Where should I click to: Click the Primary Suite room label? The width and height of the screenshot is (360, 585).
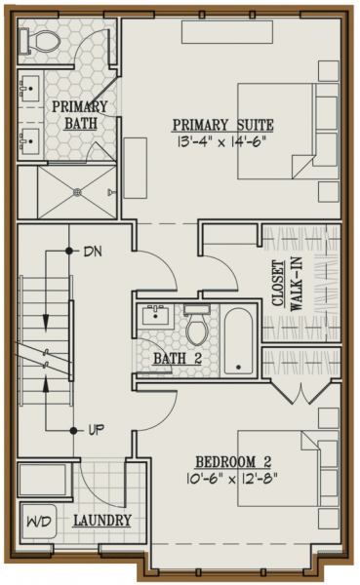click(x=222, y=125)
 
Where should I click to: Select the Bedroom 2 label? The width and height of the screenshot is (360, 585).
click(x=233, y=462)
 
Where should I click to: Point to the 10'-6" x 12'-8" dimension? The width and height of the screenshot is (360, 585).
click(x=231, y=479)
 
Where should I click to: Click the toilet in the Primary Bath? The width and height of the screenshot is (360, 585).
click(x=40, y=40)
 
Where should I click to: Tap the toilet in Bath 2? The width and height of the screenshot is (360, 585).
click(x=197, y=325)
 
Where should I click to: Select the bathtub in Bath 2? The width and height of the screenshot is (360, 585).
click(x=238, y=340)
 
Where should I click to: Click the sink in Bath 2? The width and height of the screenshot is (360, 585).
click(x=155, y=315)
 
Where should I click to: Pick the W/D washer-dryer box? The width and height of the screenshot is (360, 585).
click(x=38, y=522)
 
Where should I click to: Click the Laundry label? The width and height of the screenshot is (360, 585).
click(x=102, y=520)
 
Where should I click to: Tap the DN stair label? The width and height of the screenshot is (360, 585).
click(x=93, y=252)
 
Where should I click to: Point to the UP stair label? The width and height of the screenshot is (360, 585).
click(x=96, y=431)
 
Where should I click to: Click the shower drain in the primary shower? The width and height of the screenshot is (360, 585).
click(x=77, y=192)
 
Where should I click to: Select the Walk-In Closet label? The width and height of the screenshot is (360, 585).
click(x=287, y=285)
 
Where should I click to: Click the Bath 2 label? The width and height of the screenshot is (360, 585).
click(x=178, y=359)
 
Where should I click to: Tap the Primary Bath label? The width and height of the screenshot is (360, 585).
click(x=80, y=115)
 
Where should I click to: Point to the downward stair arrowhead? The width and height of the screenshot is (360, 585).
click(x=46, y=322)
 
